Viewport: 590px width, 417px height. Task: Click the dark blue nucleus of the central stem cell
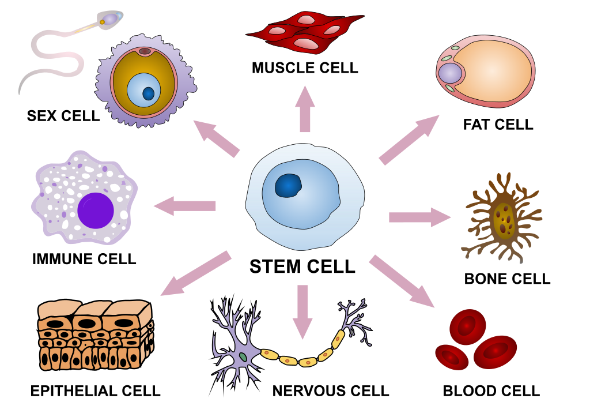(288, 186)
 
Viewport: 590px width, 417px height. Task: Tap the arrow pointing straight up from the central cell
(305, 110)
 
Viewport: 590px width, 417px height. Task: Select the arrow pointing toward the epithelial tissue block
(196, 273)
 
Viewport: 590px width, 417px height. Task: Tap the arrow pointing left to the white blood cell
(184, 206)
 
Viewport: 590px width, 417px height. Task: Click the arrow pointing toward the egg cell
(216, 138)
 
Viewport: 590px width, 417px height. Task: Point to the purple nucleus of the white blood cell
(95, 211)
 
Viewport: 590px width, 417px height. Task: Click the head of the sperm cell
(109, 20)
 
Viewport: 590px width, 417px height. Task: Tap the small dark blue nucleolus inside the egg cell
(149, 93)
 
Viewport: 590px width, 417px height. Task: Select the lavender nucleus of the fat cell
(450, 73)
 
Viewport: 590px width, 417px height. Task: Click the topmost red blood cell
(467, 326)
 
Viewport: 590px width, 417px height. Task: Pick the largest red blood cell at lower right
(495, 352)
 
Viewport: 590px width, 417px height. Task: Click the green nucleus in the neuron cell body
(243, 357)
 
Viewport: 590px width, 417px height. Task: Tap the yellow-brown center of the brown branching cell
(504, 221)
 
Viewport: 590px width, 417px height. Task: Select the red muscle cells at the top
(305, 32)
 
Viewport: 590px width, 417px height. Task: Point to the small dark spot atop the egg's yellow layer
(145, 52)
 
